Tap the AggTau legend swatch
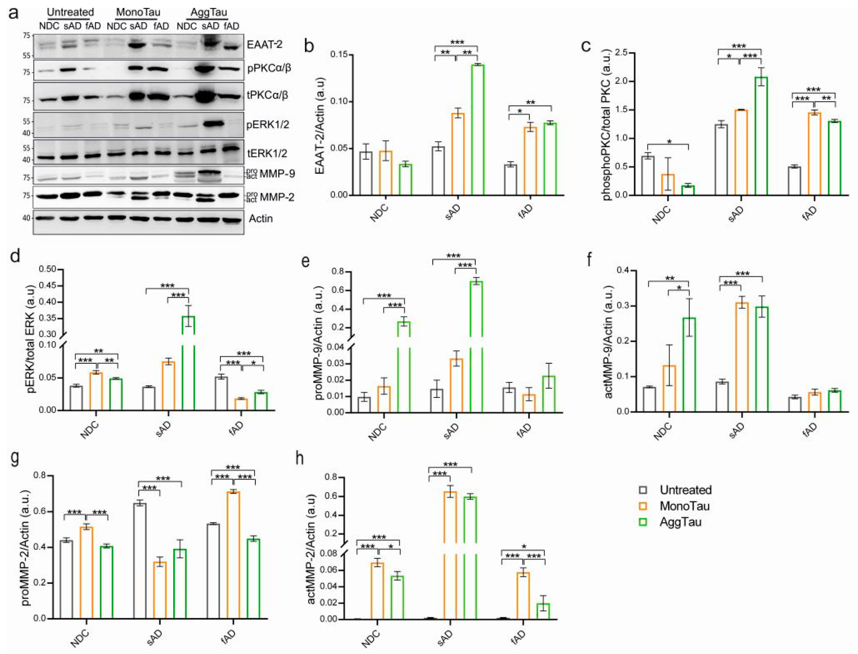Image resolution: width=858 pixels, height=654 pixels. (643, 522)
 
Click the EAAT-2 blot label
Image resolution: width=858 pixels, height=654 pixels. (265, 44)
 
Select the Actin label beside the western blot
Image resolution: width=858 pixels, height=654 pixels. (261, 218)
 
